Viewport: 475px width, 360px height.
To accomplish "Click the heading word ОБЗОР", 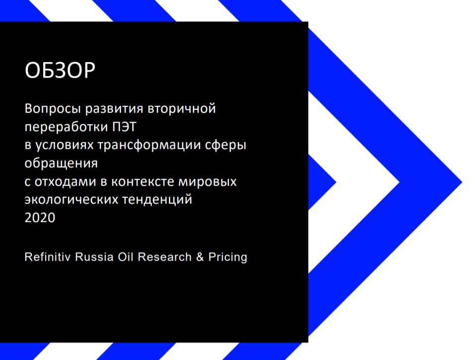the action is click(x=60, y=71).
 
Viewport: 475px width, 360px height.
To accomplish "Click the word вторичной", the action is click(x=182, y=108).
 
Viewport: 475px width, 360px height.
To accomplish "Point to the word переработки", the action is click(x=67, y=127).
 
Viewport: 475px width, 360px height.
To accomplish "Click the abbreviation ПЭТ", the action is click(x=125, y=127).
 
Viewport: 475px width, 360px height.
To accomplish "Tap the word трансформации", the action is click(x=149, y=145).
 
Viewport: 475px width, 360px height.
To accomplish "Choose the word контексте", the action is click(x=142, y=182).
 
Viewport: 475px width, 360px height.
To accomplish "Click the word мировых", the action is click(x=207, y=182).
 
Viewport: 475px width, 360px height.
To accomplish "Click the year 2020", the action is click(x=40, y=217).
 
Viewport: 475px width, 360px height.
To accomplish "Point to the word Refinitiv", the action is click(x=48, y=257).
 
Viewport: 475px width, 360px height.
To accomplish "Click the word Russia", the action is click(x=94, y=257).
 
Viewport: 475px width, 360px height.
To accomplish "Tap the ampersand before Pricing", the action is click(x=200, y=257).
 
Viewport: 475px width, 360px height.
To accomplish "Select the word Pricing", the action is click(x=228, y=257).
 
